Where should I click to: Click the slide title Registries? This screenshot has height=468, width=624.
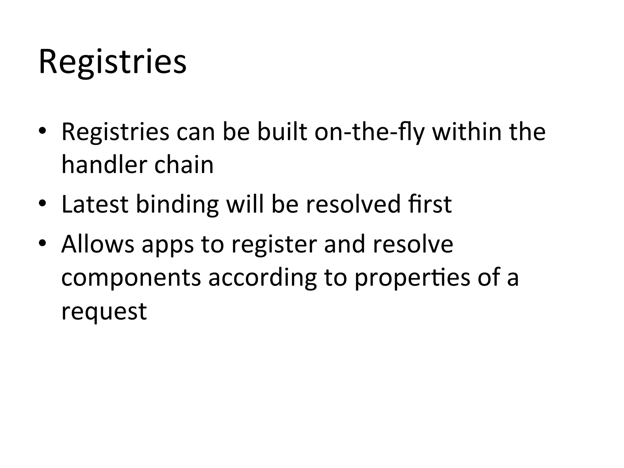(x=112, y=62)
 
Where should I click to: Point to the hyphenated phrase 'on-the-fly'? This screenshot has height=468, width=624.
(x=369, y=133)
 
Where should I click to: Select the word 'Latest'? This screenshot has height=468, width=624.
(x=95, y=204)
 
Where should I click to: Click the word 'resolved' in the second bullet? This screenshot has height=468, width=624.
(x=353, y=204)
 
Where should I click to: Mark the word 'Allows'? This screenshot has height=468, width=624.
(x=98, y=244)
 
